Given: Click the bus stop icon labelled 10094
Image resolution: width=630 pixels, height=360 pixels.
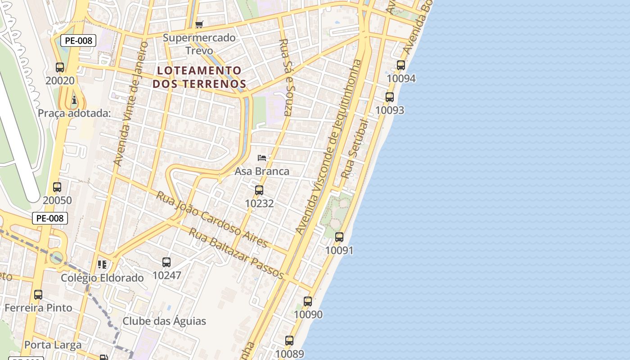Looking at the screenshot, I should (401, 65).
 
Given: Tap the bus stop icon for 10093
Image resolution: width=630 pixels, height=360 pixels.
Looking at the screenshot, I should (390, 97).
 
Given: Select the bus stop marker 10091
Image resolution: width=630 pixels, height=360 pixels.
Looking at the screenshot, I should (339, 237).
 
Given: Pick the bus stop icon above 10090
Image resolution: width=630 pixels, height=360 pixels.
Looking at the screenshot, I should (308, 301).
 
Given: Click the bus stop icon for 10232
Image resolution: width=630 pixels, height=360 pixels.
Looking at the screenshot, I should (259, 190).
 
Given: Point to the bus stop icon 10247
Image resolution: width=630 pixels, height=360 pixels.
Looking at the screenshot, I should (166, 262).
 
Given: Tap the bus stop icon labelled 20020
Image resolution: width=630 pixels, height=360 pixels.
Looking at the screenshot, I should (60, 67).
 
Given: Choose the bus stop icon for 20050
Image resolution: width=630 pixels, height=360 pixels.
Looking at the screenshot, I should (57, 187).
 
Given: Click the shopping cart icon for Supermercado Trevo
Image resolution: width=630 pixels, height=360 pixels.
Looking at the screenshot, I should (199, 24).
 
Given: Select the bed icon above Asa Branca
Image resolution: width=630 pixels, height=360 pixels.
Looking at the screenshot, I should (262, 158).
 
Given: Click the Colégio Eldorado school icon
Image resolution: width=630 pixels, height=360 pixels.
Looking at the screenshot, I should (102, 264).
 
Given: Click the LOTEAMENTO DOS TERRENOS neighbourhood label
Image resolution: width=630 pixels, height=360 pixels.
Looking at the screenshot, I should (199, 77).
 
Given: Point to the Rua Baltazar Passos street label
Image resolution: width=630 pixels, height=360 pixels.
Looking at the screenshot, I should (236, 253).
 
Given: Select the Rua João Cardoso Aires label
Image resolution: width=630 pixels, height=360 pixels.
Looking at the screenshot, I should (212, 219).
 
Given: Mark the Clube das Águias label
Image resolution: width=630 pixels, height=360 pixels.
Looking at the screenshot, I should (164, 321).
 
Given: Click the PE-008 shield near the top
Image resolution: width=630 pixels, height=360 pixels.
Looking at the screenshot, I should (78, 40).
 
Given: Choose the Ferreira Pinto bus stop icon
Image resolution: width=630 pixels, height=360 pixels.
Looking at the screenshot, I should (38, 295).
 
